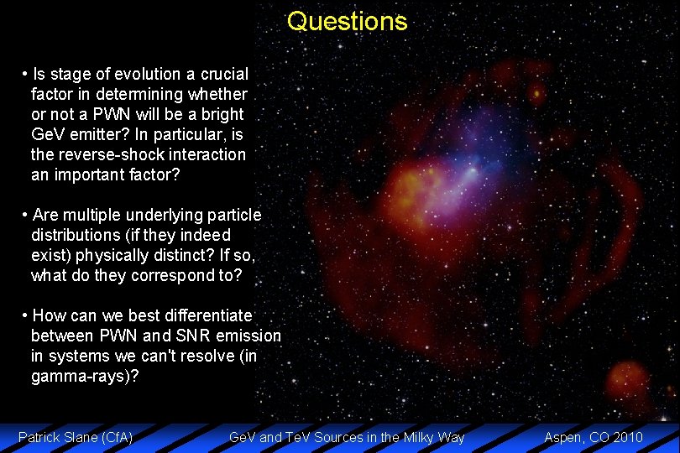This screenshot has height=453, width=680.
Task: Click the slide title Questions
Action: pyautogui.click(x=347, y=21)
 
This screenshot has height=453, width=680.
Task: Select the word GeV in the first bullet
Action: pyautogui.click(x=47, y=134)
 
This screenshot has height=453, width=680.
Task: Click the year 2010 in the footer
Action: pyautogui.click(x=627, y=436)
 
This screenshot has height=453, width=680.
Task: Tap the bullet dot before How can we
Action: pyautogui.click(x=25, y=315)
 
